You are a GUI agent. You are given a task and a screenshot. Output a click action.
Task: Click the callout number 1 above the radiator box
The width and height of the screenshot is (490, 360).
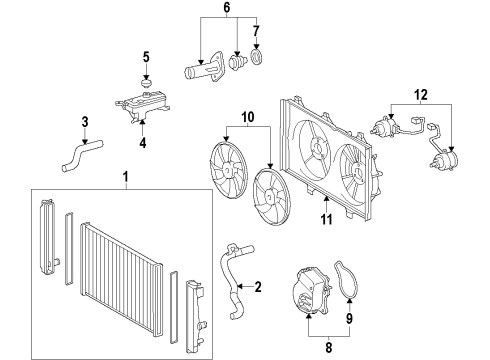pos(126,179)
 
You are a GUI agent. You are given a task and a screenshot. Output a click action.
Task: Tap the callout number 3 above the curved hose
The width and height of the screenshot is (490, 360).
pos(86,122)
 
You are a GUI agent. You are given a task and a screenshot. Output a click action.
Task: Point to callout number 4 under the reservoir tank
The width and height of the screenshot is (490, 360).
pos(143,142)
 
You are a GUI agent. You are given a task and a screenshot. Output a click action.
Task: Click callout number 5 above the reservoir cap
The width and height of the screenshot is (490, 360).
pos(146,55)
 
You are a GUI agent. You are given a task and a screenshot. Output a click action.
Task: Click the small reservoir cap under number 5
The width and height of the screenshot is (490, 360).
pos(146,79)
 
